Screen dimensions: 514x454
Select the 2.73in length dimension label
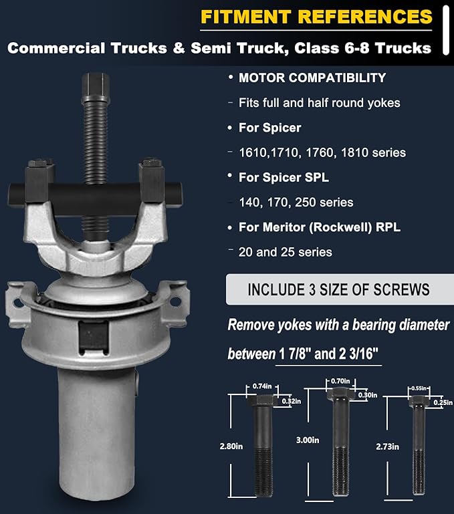click(387, 445)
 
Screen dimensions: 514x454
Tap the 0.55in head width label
click(419, 388)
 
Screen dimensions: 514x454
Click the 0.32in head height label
click(290, 401)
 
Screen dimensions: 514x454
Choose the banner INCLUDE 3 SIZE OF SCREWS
click(338, 289)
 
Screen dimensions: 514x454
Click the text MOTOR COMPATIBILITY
click(312, 78)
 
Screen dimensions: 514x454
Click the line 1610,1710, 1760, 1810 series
click(322, 152)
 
